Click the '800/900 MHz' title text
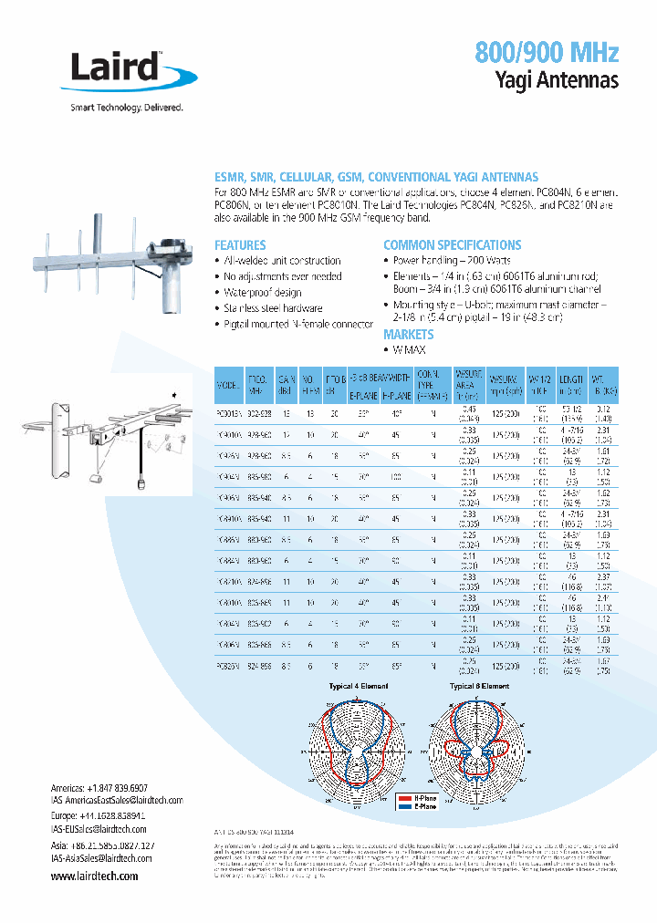(547, 51)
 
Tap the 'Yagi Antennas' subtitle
(558, 80)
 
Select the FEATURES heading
(240, 245)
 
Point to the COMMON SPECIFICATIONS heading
(452, 245)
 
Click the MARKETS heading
(408, 335)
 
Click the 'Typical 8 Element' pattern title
(479, 685)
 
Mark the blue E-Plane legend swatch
(404, 806)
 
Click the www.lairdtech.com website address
(94, 876)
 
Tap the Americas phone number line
(99, 787)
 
